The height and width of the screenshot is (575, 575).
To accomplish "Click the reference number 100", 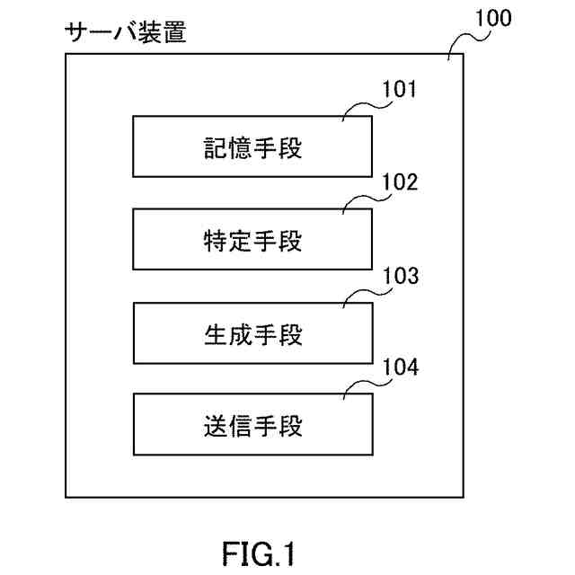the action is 493,18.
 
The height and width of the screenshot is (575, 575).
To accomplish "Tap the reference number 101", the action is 399,89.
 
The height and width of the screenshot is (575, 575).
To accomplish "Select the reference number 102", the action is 400,181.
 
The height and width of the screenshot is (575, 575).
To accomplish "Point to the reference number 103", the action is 401,276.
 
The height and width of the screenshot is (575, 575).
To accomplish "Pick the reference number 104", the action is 401,367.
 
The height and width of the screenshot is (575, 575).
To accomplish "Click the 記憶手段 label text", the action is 252,148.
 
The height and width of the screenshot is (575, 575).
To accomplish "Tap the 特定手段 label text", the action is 252,241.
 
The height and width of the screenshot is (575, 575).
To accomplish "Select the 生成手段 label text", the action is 253,334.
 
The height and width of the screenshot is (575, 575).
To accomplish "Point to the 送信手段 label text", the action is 253,426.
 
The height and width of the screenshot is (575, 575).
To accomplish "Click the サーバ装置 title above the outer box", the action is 126,32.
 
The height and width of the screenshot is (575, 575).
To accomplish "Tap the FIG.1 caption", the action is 258,554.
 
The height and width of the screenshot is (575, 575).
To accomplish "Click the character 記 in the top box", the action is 215,148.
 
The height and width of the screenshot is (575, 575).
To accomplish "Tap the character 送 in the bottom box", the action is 216,426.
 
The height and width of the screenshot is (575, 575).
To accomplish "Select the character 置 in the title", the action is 175,32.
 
